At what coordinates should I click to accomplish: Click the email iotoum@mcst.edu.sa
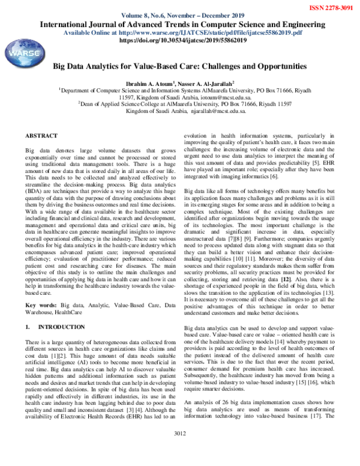(211, 96)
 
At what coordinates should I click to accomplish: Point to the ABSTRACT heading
(41, 136)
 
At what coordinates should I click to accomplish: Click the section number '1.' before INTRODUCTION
(28, 328)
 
